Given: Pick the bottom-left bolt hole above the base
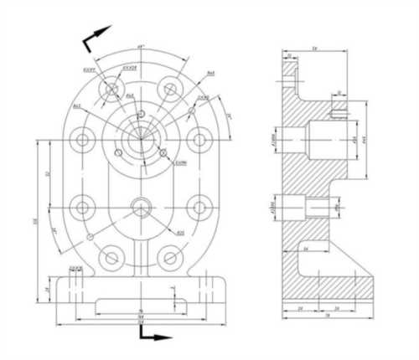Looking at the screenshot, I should point(110,256).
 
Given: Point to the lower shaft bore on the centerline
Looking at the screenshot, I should point(141,206).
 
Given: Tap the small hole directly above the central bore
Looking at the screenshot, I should point(142,112).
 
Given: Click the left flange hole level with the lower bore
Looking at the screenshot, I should point(82,206).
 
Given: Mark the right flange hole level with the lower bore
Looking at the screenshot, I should point(199,206).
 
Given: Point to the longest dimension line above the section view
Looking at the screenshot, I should point(314,52).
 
